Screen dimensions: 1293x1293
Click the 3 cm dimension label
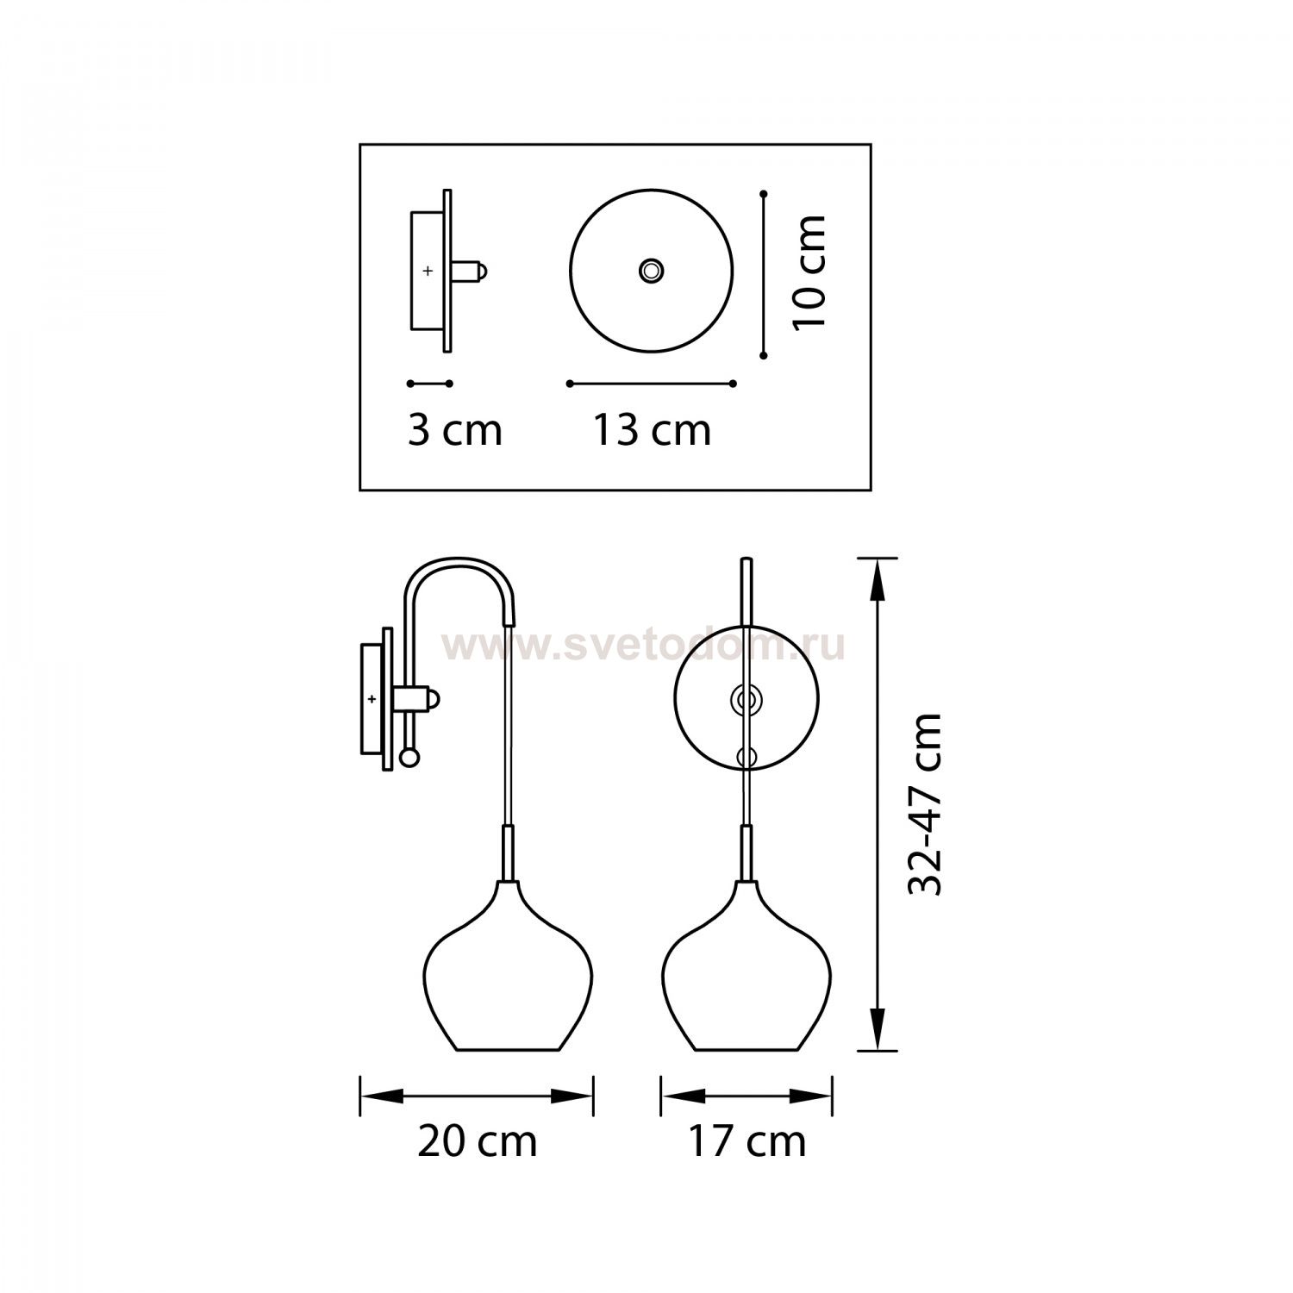454,430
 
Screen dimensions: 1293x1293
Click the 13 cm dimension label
652,430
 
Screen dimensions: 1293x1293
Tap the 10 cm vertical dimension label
809,271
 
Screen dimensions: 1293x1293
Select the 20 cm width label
478,1141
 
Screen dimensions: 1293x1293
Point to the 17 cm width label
746,1141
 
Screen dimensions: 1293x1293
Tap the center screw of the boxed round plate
651,271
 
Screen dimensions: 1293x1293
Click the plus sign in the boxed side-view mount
428,271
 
